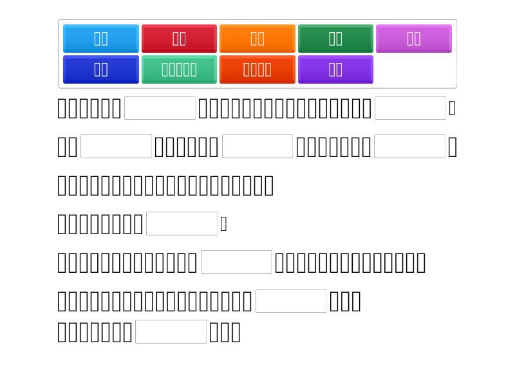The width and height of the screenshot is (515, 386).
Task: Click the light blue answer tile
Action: pos(101,39)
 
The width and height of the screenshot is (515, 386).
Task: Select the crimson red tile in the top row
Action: pos(179,39)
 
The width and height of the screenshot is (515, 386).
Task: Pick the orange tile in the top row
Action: pos(257,39)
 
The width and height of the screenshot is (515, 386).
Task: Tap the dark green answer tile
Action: pos(335,39)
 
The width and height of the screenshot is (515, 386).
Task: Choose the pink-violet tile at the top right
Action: pos(414,39)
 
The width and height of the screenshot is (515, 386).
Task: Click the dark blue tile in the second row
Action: pos(101,69)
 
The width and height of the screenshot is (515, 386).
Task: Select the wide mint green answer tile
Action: pos(179,69)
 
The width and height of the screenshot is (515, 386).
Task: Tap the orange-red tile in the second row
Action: pos(257,69)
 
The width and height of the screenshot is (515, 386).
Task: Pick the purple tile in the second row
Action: pos(335,69)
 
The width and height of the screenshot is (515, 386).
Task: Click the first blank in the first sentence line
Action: pos(160,108)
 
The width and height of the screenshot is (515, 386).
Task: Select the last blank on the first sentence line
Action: pos(410,108)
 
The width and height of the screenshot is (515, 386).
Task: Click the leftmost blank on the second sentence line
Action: pos(117,147)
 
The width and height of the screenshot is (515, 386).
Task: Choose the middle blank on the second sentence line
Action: pos(257,147)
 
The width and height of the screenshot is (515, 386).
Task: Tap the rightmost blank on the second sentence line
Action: pos(410,147)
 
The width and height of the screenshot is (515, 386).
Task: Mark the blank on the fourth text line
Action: pos(182,224)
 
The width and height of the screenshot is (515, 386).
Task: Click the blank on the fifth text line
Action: pos(237,262)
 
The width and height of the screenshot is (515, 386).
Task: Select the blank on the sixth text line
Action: pos(292,301)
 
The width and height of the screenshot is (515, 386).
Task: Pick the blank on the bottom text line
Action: pos(172,332)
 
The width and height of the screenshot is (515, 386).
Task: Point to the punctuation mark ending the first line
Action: pos(453,108)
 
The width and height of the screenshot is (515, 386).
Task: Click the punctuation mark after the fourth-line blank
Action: pos(223,224)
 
